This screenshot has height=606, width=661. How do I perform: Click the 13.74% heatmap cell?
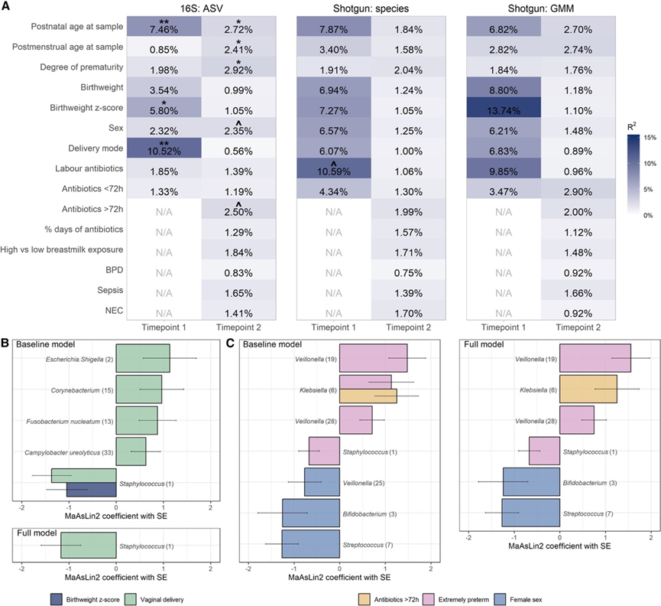point(504,109)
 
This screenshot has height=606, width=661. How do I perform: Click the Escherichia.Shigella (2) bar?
point(143,358)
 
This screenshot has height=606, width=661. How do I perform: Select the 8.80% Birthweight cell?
point(504,88)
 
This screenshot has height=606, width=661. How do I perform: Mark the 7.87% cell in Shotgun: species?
point(333,26)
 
